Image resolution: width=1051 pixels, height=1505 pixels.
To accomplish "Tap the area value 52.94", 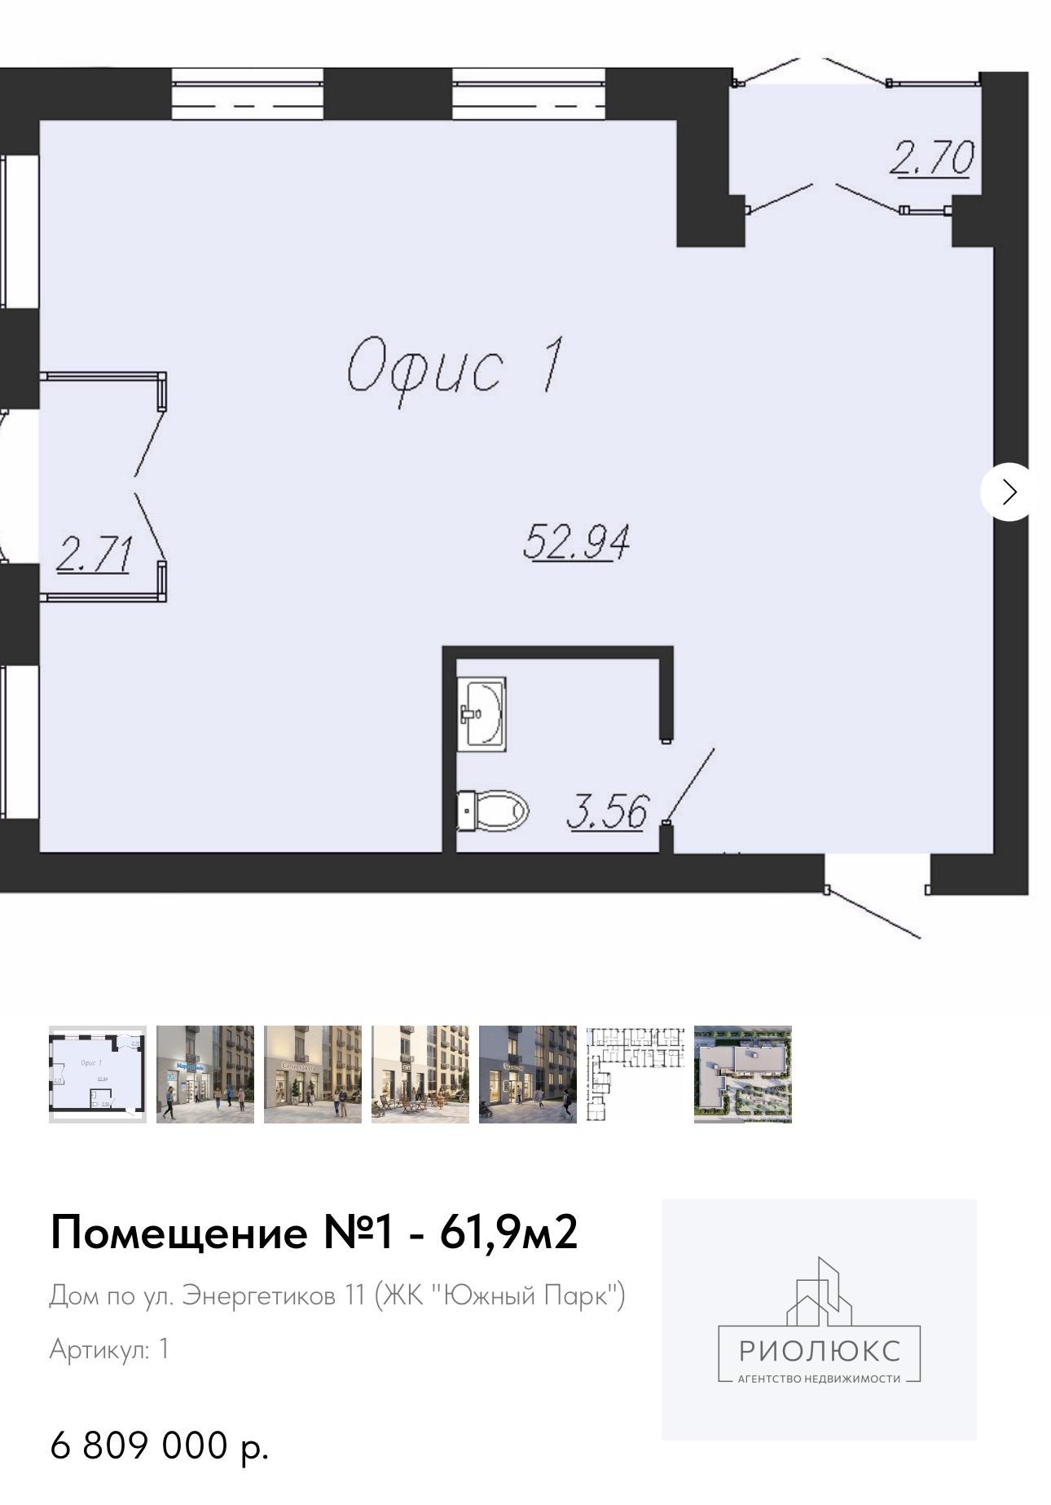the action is pos(576,542).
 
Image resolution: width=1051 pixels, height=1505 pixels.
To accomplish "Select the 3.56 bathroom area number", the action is pos(608,812).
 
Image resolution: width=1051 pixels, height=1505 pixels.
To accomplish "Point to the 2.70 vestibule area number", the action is pos(932,157).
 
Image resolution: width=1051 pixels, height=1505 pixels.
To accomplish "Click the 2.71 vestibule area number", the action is pos(94,556).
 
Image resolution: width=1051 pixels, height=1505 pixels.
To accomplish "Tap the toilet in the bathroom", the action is pos(492,811).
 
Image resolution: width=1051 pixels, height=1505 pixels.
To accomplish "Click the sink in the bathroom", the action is pos(482,713).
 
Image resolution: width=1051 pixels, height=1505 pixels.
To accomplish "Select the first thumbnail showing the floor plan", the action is pos(98,1074).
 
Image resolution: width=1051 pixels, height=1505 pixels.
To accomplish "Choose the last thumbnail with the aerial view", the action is pos(742,1074).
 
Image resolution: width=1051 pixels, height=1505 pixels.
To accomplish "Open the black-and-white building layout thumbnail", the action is pos(635,1074).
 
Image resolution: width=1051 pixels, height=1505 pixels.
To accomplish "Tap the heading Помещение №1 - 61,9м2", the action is pos(314,1232).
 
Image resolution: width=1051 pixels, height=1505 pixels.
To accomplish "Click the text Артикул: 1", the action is pos(109,1348).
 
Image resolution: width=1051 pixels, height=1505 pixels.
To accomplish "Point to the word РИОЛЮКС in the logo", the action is pos(820,1351).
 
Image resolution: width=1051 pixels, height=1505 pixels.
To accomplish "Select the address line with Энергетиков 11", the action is pos(337,1295).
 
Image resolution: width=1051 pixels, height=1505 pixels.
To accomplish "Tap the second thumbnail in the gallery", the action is pos(205,1074).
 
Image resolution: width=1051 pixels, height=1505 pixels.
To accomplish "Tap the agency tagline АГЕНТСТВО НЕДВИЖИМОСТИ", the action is pos(819,1379).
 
